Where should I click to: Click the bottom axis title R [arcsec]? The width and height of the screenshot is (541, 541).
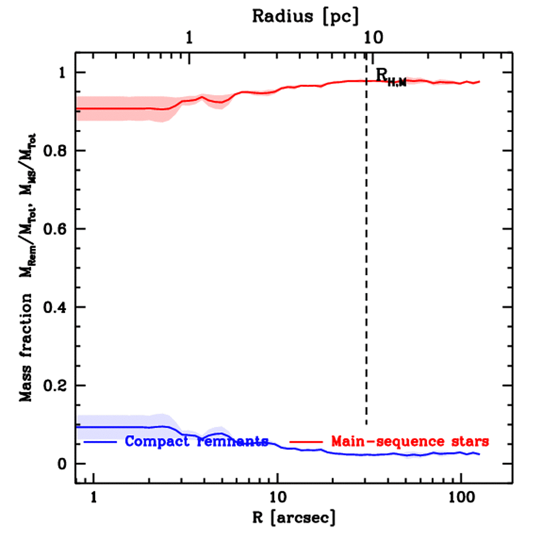[x=294, y=517]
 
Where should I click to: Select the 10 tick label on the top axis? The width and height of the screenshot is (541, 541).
[x=373, y=39]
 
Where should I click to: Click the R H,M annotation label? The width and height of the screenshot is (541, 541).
[x=391, y=77]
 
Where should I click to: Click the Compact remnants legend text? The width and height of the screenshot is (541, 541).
[x=197, y=441]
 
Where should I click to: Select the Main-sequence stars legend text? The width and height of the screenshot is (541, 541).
[x=410, y=441]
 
